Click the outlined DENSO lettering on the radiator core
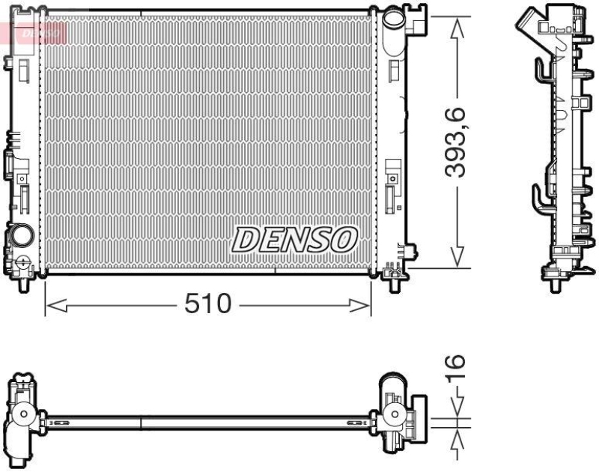(294, 240)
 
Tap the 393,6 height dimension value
(455, 142)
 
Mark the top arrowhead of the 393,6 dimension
(455, 24)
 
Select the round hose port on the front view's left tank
(22, 237)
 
